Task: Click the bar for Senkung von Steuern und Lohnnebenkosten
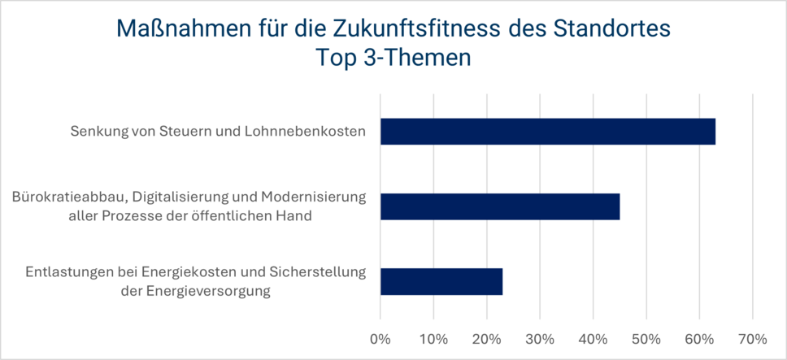coord(547,132)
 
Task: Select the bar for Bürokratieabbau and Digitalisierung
coord(500,206)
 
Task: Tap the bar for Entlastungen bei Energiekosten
coord(441,281)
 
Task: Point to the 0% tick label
coord(380,337)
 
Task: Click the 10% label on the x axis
coord(433,337)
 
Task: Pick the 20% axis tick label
coord(486,337)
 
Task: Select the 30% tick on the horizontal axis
coord(540,337)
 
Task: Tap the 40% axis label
coord(593,337)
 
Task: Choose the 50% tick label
coord(646,337)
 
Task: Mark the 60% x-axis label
coord(699,337)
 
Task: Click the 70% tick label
coord(752,337)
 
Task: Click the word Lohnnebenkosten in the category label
coord(314,132)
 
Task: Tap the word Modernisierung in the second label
coord(315,197)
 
